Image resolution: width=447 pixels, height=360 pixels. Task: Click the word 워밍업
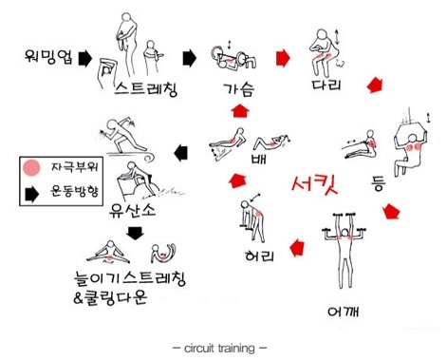coord(48,56)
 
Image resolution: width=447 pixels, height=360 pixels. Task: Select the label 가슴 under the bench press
coord(238,89)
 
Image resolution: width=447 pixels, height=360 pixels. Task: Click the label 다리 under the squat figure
coord(326,85)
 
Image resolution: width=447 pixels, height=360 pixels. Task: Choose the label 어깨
coord(343,312)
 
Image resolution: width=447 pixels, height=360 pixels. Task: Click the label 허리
coord(259,256)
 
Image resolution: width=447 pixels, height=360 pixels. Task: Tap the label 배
coord(258,158)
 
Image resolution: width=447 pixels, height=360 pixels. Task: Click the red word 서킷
coord(314,183)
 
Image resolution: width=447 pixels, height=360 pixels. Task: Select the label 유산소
coord(132,210)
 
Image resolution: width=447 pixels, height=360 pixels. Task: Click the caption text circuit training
coord(219,349)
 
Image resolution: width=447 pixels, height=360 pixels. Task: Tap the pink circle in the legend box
coord(31,167)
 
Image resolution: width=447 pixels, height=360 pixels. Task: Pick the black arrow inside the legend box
coord(31,194)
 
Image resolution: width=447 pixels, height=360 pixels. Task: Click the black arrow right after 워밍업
coord(84,58)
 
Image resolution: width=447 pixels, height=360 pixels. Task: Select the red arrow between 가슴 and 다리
coord(283,58)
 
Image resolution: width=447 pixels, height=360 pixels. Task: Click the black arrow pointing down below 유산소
coord(135,233)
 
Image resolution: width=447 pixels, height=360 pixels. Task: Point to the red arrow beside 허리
coord(297,248)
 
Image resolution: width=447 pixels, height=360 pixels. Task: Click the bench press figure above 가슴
coord(233,58)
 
